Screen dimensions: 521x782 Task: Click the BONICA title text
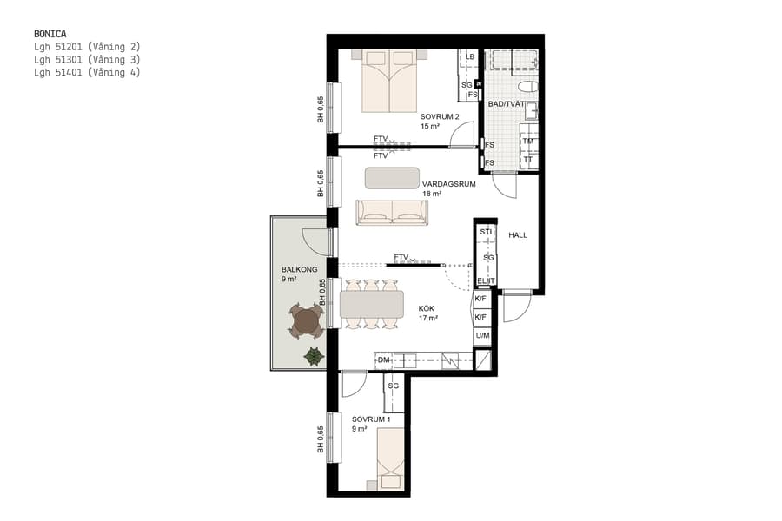50,34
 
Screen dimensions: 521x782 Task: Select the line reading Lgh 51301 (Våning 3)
87,60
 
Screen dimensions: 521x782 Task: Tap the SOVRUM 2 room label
440,116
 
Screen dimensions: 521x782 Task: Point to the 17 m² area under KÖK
427,319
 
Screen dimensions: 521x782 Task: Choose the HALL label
518,235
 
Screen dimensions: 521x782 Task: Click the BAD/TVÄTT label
507,104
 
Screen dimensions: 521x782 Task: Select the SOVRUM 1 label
371,419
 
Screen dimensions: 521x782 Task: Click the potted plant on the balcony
312,355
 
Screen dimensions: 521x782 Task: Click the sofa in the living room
392,212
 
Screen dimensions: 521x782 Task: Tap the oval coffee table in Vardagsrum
392,178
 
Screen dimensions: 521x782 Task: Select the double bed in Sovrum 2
389,81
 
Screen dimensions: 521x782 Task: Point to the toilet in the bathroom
526,88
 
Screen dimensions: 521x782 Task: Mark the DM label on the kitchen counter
382,359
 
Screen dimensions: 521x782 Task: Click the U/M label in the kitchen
481,335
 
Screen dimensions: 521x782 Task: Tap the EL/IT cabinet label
486,280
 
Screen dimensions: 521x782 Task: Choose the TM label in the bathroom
527,142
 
